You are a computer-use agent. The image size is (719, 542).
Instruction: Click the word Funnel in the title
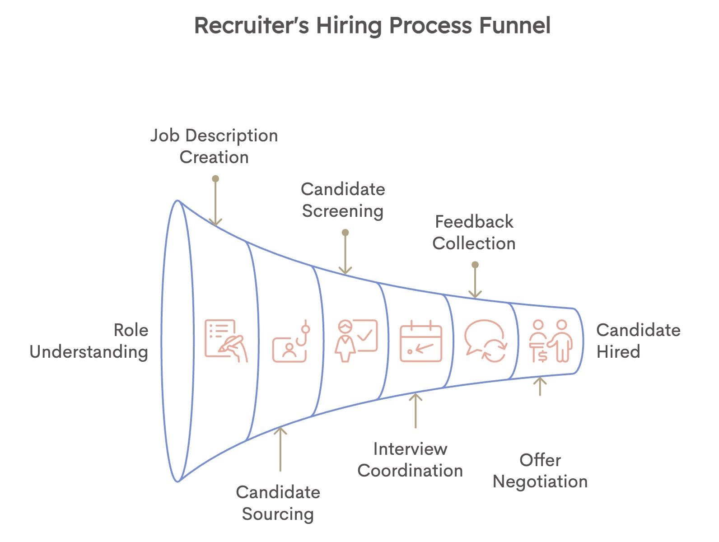[x=514, y=25]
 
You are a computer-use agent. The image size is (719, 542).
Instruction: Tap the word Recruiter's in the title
[x=252, y=25]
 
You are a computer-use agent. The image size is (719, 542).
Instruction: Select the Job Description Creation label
[x=214, y=146]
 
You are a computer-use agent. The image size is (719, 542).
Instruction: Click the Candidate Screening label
[x=343, y=200]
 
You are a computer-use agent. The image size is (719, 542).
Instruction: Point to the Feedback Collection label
[x=474, y=233]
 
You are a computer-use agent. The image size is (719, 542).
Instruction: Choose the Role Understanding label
[x=89, y=341]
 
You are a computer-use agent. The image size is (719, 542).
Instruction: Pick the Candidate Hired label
[x=638, y=341]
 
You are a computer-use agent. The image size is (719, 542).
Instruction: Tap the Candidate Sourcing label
[x=278, y=503]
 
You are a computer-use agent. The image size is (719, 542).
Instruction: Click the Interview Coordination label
[x=410, y=460]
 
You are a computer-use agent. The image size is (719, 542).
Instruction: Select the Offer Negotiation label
[x=540, y=471]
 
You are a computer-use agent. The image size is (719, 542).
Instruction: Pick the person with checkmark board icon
[x=356, y=341]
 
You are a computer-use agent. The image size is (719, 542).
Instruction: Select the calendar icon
[x=421, y=341]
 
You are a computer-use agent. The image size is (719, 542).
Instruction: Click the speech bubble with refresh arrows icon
[x=486, y=341]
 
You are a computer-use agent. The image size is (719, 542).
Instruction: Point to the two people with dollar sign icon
[x=551, y=341]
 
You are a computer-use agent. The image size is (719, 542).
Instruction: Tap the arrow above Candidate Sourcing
[x=280, y=449]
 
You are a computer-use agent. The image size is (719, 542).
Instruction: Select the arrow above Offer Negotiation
[x=540, y=386]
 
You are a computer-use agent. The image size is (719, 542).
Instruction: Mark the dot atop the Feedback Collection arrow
[x=475, y=265]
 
